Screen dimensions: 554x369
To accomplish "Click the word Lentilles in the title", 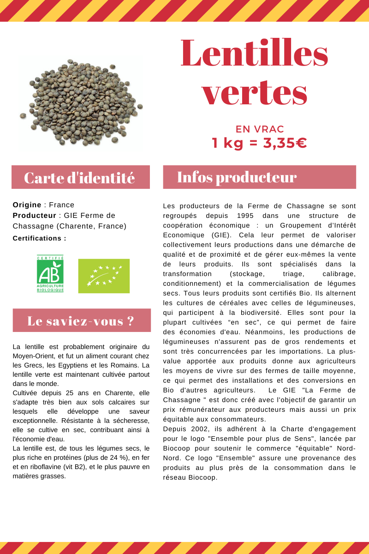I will [x=254, y=54].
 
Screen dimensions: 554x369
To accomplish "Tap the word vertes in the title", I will [x=254, y=92].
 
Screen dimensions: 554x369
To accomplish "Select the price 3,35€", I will [x=285, y=143].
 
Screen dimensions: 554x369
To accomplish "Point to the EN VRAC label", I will [x=260, y=129].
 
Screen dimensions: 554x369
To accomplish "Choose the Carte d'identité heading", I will [x=80, y=178].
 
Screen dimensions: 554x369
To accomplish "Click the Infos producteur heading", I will [x=237, y=177].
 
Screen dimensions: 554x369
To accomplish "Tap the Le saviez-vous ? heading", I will [x=81, y=321].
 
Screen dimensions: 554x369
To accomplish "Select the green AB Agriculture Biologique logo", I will [x=50, y=274].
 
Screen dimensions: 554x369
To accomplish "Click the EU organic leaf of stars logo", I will [x=104, y=276].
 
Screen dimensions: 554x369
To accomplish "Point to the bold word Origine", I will [x=27, y=205].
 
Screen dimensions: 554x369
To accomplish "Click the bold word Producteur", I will [x=34, y=216].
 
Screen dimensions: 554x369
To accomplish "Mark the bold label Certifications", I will [x=39, y=238].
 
